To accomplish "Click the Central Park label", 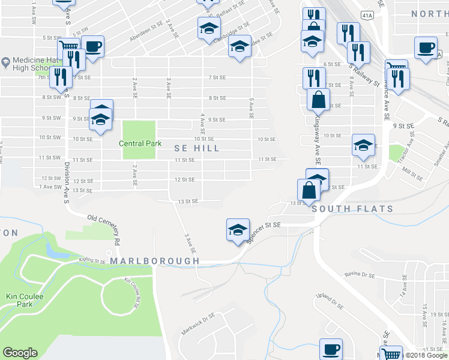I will click(139, 143).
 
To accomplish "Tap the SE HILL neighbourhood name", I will click(197, 148).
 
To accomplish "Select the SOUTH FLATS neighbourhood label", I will click(352, 209).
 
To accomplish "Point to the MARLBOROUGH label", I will click(154, 262).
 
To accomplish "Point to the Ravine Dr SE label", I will click(360, 275).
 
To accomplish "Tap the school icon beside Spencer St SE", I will click(238, 229).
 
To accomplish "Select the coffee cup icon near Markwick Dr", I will click(330, 349).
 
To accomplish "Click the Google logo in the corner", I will click(20, 353).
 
